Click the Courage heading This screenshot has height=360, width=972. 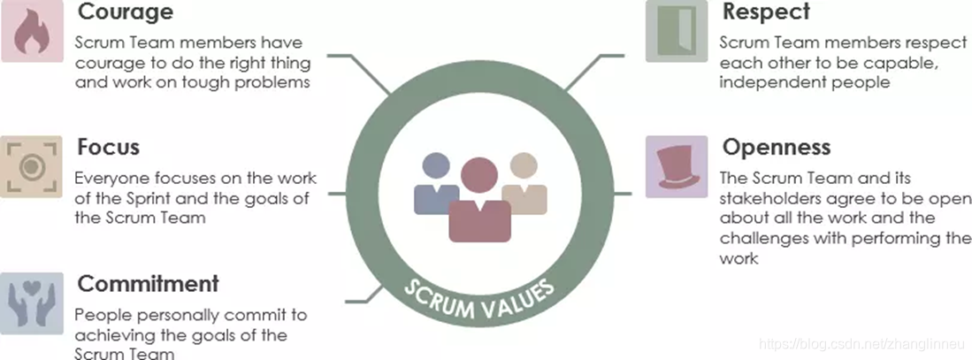pyautogui.click(x=126, y=13)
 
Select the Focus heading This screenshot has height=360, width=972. pyautogui.click(x=108, y=147)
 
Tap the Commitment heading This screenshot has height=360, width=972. pyautogui.click(x=148, y=284)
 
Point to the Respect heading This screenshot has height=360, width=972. pyautogui.click(x=766, y=12)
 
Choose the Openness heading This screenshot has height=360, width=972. pyautogui.click(x=777, y=146)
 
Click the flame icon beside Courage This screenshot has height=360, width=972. pyautogui.click(x=32, y=31)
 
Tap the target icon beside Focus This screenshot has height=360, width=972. pyautogui.click(x=32, y=165)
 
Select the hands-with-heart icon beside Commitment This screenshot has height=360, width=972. pyautogui.click(x=32, y=303)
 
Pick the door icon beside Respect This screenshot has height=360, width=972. pyautogui.click(x=677, y=31)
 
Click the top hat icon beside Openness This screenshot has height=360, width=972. pyautogui.click(x=677, y=166)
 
